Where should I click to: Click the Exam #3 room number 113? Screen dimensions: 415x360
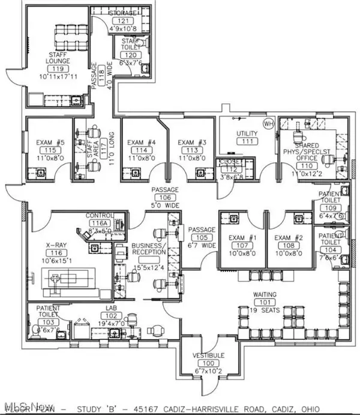coord(191,150)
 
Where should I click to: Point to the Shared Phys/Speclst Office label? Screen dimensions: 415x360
coord(307,150)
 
